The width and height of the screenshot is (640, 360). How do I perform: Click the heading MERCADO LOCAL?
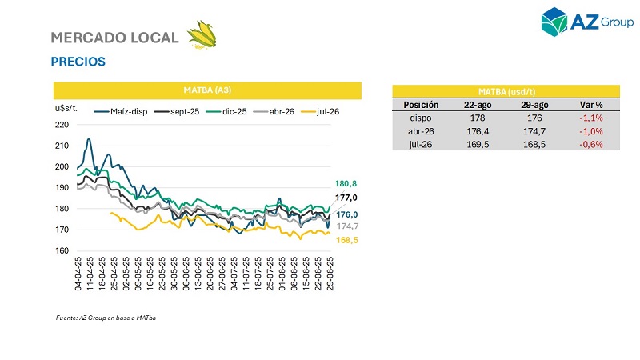[114, 38]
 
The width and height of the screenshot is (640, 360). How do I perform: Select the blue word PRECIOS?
[78, 61]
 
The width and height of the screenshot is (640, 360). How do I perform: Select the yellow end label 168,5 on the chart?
[346, 239]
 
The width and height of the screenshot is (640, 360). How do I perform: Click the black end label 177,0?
[346, 197]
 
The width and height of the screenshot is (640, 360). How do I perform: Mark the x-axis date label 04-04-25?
[78, 274]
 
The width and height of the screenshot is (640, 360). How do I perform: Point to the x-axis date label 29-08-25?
[330, 274]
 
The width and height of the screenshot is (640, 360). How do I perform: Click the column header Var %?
[590, 105]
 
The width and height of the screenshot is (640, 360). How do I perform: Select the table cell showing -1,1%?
[590, 118]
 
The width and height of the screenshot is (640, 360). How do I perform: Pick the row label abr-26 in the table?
[421, 131]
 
